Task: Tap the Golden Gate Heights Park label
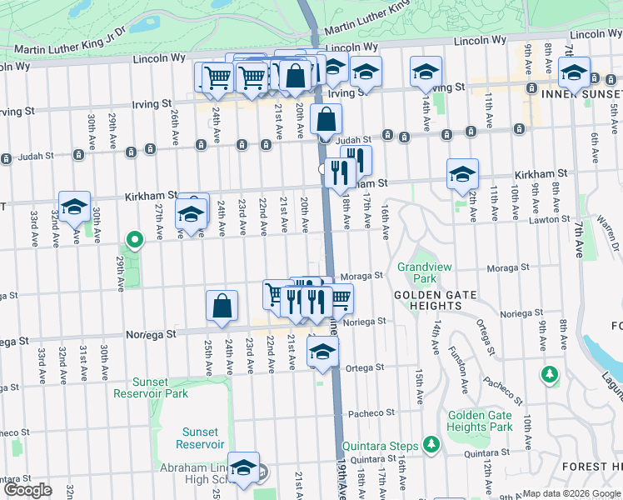click(x=479, y=421)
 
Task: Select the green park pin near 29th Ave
click(x=134, y=241)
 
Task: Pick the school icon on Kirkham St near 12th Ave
click(x=462, y=175)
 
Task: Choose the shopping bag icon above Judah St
click(x=326, y=120)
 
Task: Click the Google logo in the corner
click(x=27, y=490)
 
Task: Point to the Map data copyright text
click(x=571, y=493)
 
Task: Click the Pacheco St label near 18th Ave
click(x=371, y=412)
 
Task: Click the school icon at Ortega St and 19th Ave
click(x=322, y=351)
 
